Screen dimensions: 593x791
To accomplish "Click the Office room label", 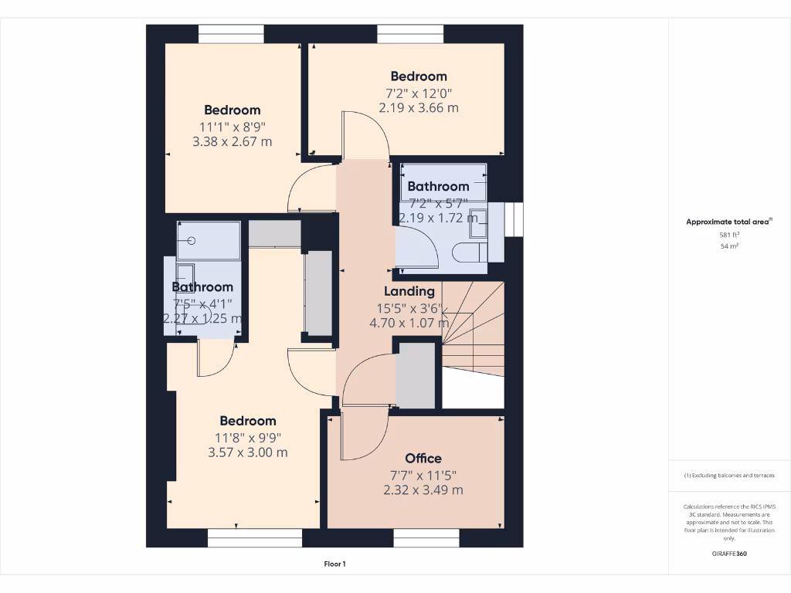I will (423, 459).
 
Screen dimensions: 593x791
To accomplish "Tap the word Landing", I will (409, 291).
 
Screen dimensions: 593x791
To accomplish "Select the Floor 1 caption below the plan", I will (334, 564).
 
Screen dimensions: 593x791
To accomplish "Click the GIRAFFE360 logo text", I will (729, 554).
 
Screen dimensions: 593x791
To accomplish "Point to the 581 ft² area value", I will (729, 234).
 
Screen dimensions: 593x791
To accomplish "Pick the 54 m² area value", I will (729, 246).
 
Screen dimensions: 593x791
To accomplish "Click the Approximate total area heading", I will (728, 222).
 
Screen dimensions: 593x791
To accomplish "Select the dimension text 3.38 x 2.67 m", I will (233, 141).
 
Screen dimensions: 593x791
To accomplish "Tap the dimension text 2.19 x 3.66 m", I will (419, 107).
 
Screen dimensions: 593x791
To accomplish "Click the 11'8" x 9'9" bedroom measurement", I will (248, 437).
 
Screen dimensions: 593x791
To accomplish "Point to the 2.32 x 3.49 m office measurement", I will (423, 490).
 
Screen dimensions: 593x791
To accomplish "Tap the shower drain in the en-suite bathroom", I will (192, 241).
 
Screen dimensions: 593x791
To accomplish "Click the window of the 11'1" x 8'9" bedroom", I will (231, 34).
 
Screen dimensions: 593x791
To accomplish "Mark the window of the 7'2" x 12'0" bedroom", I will (410, 34).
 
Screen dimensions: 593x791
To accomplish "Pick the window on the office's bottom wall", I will (426, 537).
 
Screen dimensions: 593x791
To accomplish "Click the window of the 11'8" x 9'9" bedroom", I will (255, 537).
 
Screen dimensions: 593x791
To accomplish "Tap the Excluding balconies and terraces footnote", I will (729, 476).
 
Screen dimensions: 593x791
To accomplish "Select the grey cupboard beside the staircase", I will (416, 375).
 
